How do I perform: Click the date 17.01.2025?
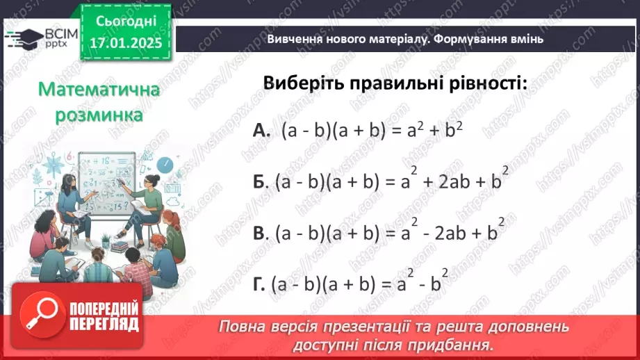click(125, 42)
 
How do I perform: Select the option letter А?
click(261, 131)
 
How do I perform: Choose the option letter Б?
click(260, 181)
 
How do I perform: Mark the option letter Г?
click(259, 284)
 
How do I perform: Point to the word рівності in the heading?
click(483, 83)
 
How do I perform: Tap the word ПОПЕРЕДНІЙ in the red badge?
click(104, 309)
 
